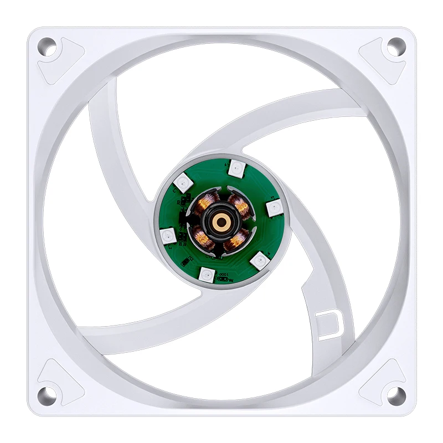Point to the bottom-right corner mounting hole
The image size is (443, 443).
395,395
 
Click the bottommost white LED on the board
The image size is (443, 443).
206,274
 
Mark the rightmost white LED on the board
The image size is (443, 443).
272,207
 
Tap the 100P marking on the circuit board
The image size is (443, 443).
223,275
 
